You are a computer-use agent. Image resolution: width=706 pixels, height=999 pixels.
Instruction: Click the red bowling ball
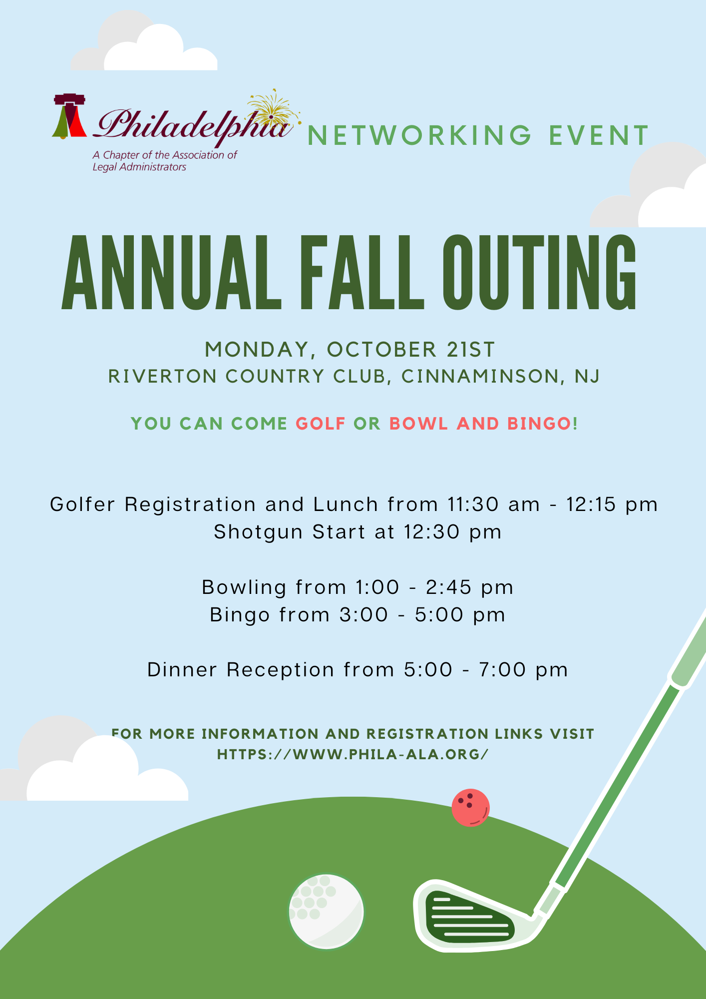[470, 808]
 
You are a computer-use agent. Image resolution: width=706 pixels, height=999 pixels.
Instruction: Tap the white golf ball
[327, 912]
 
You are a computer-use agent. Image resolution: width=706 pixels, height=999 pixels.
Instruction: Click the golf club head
[469, 917]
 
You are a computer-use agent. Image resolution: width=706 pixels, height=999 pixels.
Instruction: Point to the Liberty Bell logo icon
[69, 116]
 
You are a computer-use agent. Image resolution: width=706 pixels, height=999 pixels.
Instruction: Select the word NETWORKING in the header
[420, 136]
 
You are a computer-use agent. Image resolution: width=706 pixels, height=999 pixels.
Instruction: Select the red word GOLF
[321, 424]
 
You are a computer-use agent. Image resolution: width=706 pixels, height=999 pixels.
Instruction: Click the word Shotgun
[258, 532]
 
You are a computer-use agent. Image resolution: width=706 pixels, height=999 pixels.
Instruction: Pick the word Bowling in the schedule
[244, 587]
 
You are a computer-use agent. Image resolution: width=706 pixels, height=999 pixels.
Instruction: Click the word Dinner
[182, 670]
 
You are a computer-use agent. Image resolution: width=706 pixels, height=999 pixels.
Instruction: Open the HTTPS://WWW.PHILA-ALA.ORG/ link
[353, 754]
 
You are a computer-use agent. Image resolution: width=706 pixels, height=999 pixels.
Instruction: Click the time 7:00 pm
[523, 670]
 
